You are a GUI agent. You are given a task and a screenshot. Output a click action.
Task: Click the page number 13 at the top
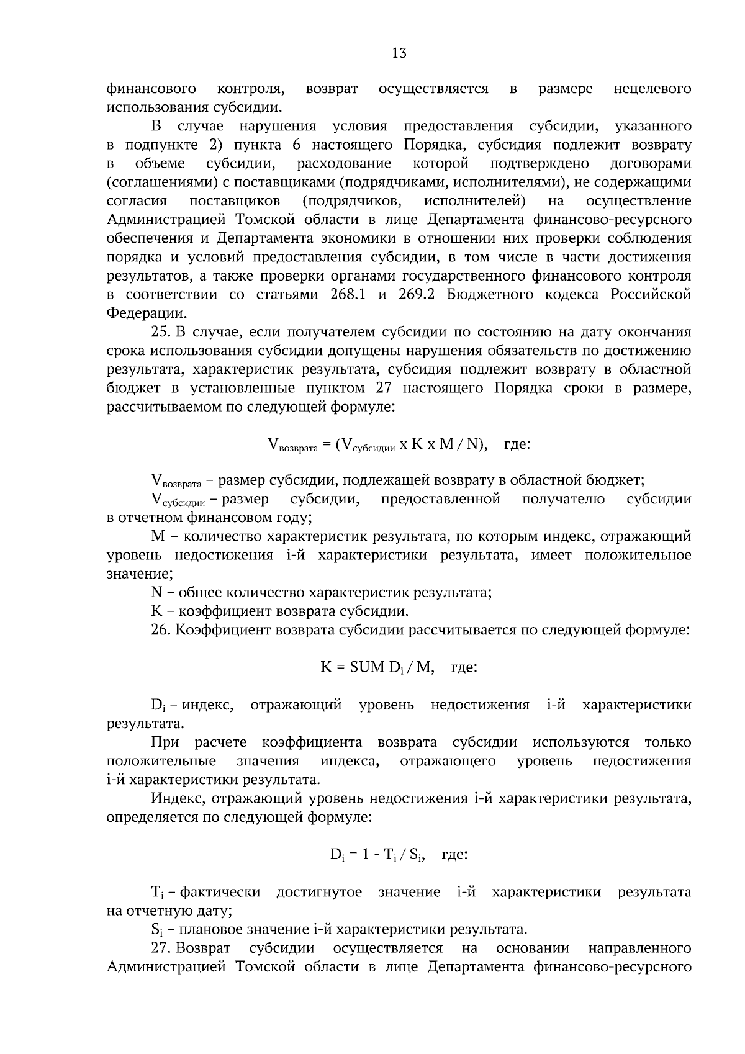[x=399, y=53]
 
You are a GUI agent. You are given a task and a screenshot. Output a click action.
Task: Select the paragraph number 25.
[x=161, y=332]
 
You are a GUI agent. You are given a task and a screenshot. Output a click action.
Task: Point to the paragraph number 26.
[x=161, y=630]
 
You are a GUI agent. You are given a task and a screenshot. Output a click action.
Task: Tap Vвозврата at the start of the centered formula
[x=292, y=444]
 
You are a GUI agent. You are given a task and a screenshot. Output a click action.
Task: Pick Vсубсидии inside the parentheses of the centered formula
[x=369, y=444]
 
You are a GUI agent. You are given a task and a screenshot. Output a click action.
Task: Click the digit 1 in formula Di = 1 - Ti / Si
[x=366, y=854]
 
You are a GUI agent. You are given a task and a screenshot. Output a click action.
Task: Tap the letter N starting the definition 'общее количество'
[x=156, y=593]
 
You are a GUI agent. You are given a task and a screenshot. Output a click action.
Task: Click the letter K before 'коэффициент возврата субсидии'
[x=156, y=611]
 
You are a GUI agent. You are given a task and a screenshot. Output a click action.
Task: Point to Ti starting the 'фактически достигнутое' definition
[x=156, y=892]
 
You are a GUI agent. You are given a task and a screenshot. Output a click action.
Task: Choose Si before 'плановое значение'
[x=156, y=929]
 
